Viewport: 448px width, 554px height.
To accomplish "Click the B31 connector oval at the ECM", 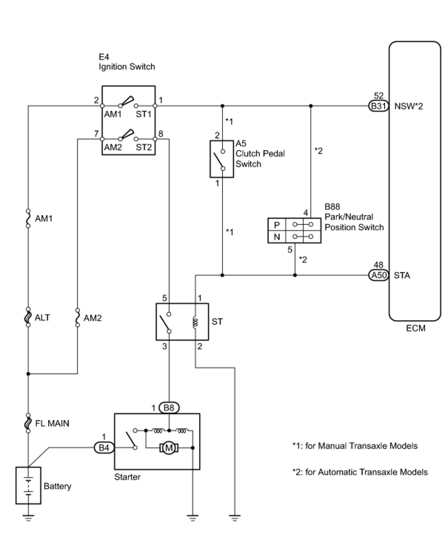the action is pyautogui.click(x=378, y=106).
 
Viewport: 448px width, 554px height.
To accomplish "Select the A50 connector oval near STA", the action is pyautogui.click(x=378, y=275).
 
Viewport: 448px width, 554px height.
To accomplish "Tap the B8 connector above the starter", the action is pyautogui.click(x=169, y=407).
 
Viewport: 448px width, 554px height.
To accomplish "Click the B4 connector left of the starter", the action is pyautogui.click(x=104, y=447).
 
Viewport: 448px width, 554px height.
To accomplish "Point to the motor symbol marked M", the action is pyautogui.click(x=169, y=447).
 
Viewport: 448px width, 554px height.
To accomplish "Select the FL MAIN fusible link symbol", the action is pyautogui.click(x=29, y=423).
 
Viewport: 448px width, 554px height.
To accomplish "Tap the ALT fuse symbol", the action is pyautogui.click(x=29, y=317).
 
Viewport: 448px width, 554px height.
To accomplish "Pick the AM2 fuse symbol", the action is pyautogui.click(x=77, y=317).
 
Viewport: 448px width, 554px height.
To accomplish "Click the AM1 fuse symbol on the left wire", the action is pyautogui.click(x=29, y=218).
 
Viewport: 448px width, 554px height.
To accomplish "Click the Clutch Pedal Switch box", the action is pyautogui.click(x=221, y=159).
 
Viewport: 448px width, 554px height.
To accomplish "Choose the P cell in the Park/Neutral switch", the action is pyautogui.click(x=277, y=224).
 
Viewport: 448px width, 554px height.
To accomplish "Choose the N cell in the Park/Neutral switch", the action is pyautogui.click(x=277, y=237).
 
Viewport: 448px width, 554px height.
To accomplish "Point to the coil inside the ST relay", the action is pyautogui.click(x=195, y=322).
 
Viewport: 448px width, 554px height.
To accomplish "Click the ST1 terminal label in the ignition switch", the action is pyautogui.click(x=143, y=114).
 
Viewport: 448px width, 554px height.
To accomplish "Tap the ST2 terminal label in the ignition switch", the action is pyautogui.click(x=144, y=147).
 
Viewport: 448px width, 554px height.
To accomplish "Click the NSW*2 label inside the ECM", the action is pyautogui.click(x=408, y=106).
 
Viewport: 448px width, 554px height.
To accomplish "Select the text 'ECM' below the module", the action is pyautogui.click(x=415, y=328).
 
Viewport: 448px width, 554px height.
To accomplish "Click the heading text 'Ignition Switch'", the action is pyautogui.click(x=127, y=67).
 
